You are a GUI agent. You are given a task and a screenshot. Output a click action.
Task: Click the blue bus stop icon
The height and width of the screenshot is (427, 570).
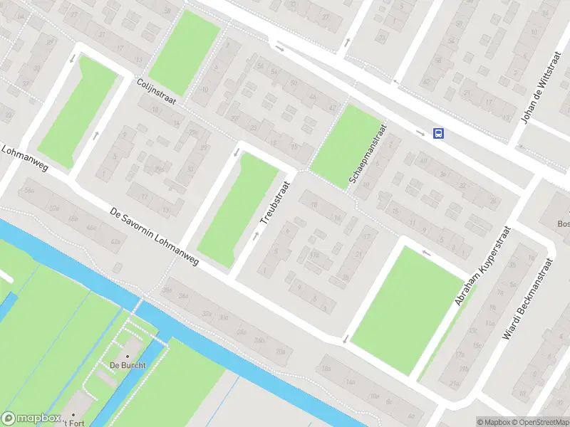439,133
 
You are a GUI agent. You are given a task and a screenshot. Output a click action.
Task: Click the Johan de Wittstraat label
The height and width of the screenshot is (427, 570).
539,88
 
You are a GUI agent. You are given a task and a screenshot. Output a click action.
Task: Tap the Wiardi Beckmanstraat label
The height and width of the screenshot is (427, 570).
528,297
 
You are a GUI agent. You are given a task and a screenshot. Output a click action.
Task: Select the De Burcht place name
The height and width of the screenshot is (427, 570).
128,365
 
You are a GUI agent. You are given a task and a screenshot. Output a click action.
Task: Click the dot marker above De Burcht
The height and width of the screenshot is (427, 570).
128,356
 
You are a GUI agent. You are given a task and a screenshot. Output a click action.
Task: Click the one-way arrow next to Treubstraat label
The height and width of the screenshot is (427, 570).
255,236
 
